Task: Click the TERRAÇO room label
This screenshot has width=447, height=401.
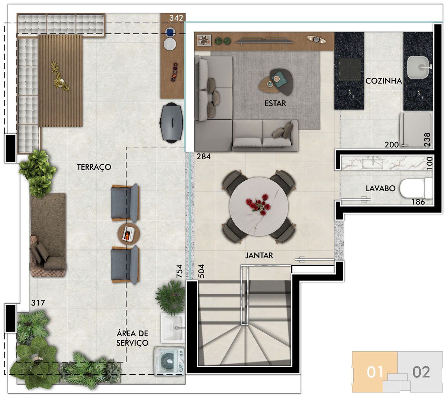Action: click(x=94, y=167)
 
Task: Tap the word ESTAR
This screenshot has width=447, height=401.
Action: click(x=275, y=103)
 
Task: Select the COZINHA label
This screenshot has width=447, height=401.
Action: click(x=383, y=81)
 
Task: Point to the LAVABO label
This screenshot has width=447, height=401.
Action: click(x=380, y=188)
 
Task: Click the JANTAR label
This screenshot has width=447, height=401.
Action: click(x=259, y=255)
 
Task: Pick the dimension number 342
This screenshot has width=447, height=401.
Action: click(x=176, y=18)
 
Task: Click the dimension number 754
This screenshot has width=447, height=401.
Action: click(x=179, y=271)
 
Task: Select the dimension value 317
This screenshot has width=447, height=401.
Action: click(x=38, y=303)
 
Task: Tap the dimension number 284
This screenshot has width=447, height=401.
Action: click(x=203, y=156)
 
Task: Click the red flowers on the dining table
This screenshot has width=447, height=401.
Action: click(x=258, y=204)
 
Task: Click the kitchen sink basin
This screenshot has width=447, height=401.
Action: click(x=418, y=68)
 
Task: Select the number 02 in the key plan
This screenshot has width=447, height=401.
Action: click(x=421, y=372)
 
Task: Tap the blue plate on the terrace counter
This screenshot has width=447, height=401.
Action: click(x=170, y=32)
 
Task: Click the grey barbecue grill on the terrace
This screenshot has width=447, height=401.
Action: click(x=172, y=123)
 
